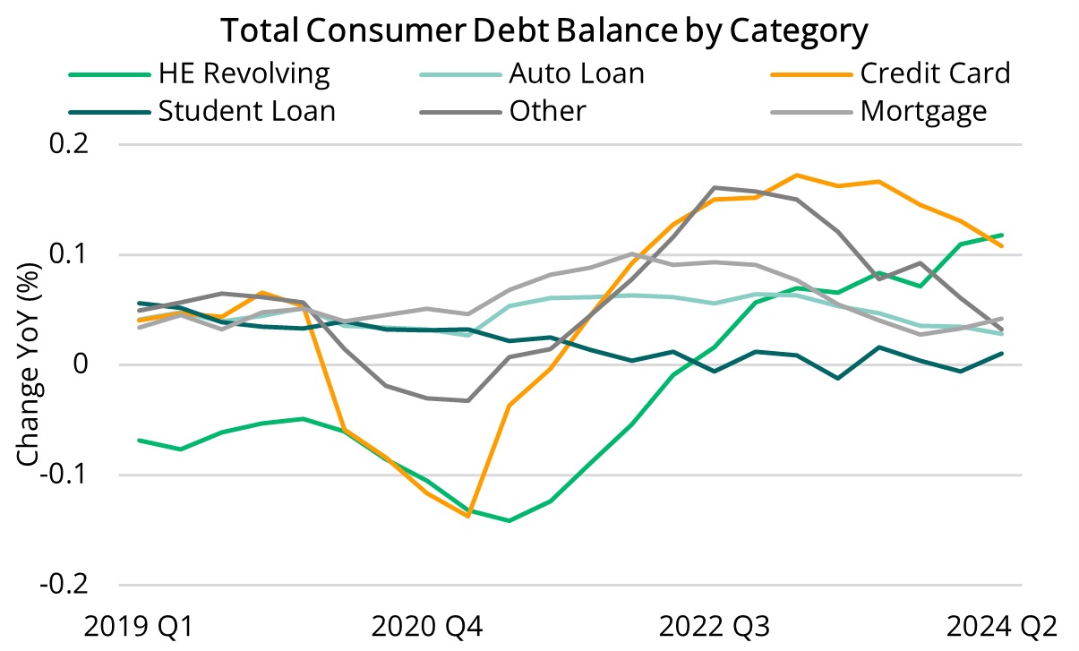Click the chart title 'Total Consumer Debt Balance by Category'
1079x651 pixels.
click(544, 31)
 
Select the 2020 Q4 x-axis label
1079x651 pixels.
click(425, 625)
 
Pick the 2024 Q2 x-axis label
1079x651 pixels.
click(1002, 625)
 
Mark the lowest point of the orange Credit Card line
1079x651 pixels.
click(467, 516)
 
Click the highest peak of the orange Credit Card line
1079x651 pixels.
click(796, 176)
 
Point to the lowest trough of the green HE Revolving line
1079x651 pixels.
click(509, 520)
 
